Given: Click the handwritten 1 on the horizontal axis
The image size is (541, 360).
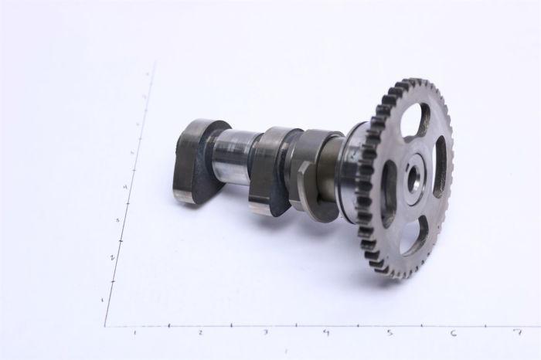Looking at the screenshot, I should (x=135, y=332).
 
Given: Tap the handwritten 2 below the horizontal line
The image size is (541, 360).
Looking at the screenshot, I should (x=200, y=333).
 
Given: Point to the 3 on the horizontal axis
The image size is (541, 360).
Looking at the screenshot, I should (x=265, y=333).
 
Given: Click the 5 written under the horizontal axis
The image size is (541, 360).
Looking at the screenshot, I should (x=390, y=333).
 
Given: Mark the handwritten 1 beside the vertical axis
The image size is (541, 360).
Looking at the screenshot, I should (x=103, y=298).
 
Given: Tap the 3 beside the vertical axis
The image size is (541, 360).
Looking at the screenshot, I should (x=117, y=221).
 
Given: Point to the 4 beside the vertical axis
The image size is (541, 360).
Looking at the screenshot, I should (x=124, y=188).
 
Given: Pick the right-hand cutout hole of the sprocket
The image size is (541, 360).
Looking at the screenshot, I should (x=440, y=165).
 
